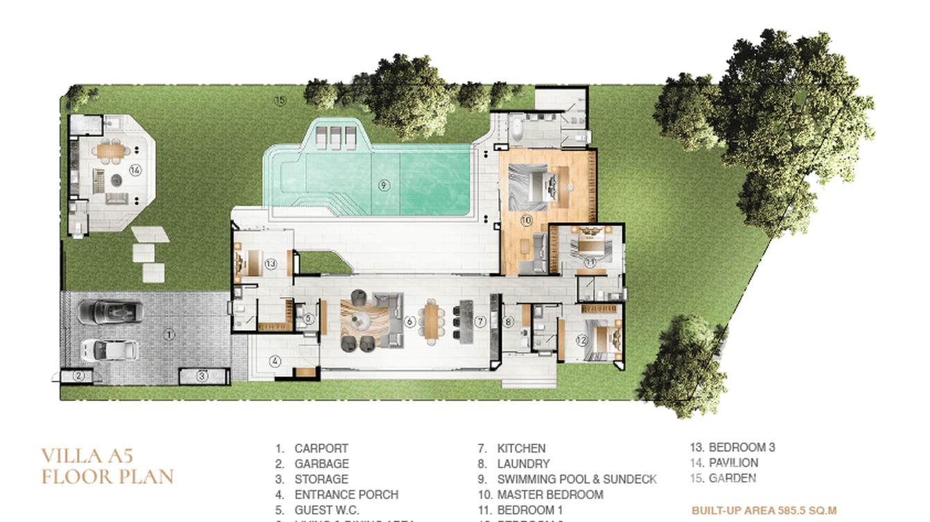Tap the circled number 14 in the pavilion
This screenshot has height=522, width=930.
click(x=135, y=169)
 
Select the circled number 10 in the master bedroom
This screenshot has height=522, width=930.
click(x=525, y=221)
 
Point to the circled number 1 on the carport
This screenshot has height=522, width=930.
click(x=170, y=334)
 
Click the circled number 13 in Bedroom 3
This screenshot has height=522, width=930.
click(x=270, y=264)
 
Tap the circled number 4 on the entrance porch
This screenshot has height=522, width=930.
click(x=275, y=361)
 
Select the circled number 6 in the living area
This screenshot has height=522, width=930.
click(x=410, y=321)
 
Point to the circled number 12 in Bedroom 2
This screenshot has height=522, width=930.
click(x=581, y=340)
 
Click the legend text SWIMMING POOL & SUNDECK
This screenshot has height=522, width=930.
click(x=577, y=479)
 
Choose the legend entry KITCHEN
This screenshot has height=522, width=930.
click(x=521, y=449)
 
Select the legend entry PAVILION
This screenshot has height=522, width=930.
click(x=733, y=462)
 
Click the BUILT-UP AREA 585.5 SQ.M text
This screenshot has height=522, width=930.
click(x=764, y=511)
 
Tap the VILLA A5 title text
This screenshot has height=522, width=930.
click(x=87, y=456)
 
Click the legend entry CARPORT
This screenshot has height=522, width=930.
click(x=321, y=449)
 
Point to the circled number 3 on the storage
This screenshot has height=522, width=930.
click(x=202, y=377)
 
